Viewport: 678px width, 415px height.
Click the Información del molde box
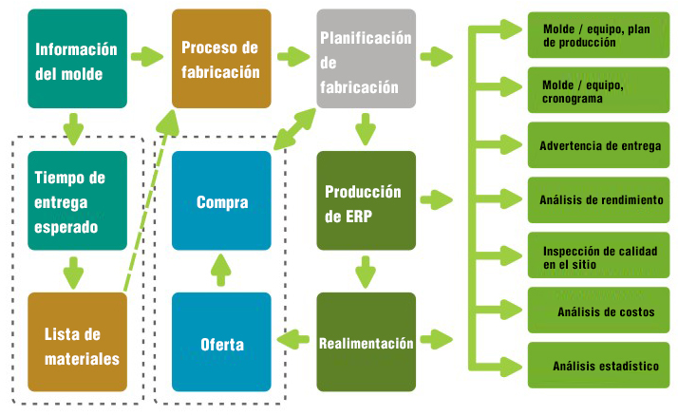pyautogui.click(x=78, y=59)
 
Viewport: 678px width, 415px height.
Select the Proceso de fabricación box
pyautogui.click(x=221, y=59)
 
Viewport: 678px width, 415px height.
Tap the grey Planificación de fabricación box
pyautogui.click(x=367, y=59)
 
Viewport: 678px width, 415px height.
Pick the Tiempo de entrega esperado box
pyautogui.click(x=78, y=200)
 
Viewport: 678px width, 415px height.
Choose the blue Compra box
pyautogui.click(x=221, y=200)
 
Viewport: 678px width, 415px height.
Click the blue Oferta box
pyautogui.click(x=221, y=342)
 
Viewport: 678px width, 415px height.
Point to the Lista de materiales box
pyautogui.click(x=78, y=342)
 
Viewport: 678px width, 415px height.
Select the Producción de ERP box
pyautogui.click(x=367, y=200)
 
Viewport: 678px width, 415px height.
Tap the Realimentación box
pyautogui.click(x=367, y=342)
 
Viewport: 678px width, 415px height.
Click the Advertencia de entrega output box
pyautogui.click(x=598, y=145)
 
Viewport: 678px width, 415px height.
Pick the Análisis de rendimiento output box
pyautogui.click(x=598, y=199)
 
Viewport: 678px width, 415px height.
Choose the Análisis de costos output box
pyautogui.click(x=598, y=310)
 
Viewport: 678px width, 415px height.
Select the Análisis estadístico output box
pyautogui.click(x=598, y=366)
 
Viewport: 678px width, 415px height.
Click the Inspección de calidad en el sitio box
pyautogui.click(x=598, y=255)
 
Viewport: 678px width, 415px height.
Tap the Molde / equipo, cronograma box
pyautogui.click(x=598, y=90)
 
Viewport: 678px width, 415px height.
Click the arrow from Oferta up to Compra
pyautogui.click(x=220, y=271)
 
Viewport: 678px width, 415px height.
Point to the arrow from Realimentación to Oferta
pyautogui.click(x=293, y=339)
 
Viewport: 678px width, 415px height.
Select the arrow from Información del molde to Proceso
pyautogui.click(x=147, y=57)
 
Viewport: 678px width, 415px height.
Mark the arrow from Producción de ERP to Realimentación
pyautogui.click(x=366, y=272)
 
